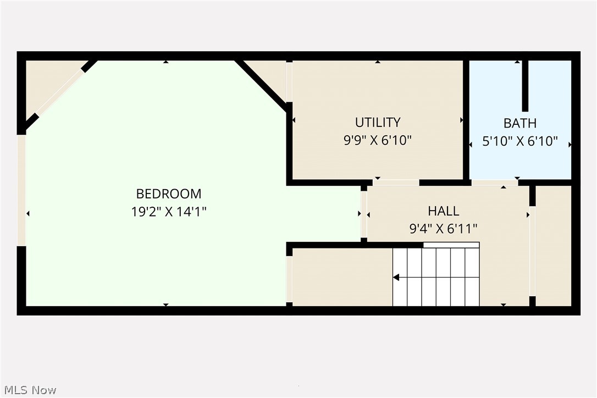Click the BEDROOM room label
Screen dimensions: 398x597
pyautogui.click(x=169, y=194)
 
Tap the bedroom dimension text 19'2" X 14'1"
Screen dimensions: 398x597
pyautogui.click(x=169, y=212)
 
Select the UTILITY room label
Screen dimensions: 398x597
pyautogui.click(x=378, y=122)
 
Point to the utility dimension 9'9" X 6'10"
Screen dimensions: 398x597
pyautogui.click(x=378, y=140)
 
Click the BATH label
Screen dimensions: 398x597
pyautogui.click(x=520, y=123)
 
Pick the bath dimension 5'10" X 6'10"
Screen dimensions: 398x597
pyautogui.click(x=520, y=142)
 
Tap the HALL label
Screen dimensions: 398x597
pyautogui.click(x=444, y=211)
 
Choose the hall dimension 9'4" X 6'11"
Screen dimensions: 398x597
pyautogui.click(x=444, y=229)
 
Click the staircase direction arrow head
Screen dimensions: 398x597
pyautogui.click(x=396, y=278)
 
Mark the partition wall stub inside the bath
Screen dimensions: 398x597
pyautogui.click(x=525, y=85)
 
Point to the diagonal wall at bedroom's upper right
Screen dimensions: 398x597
pyautogui.click(x=261, y=84)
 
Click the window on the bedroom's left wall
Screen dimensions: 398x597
pyautogui.click(x=21, y=190)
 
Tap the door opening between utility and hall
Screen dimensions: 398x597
pyautogui.click(x=396, y=183)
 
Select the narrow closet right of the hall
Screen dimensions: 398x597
pyautogui.click(x=553, y=245)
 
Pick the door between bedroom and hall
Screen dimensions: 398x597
pyautogui.click(x=363, y=214)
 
